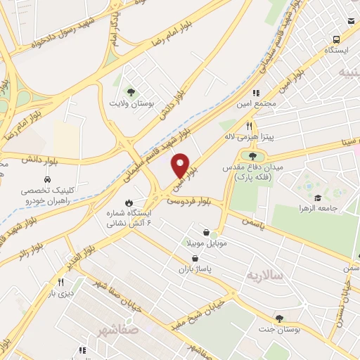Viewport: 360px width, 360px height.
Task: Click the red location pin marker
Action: click(181, 165)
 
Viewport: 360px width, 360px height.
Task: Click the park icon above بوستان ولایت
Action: click(129, 91)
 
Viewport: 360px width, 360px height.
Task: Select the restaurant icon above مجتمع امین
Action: click(257, 92)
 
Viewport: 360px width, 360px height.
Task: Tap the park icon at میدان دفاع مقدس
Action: click(252, 155)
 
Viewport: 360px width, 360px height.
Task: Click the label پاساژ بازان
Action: click(195, 269)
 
